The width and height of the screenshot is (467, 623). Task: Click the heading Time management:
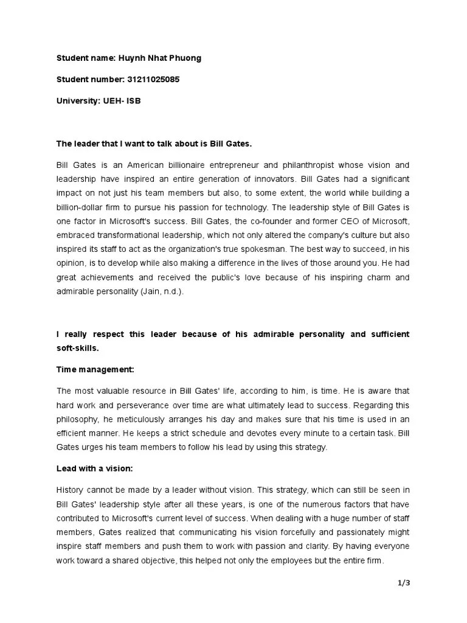click(x=95, y=369)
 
